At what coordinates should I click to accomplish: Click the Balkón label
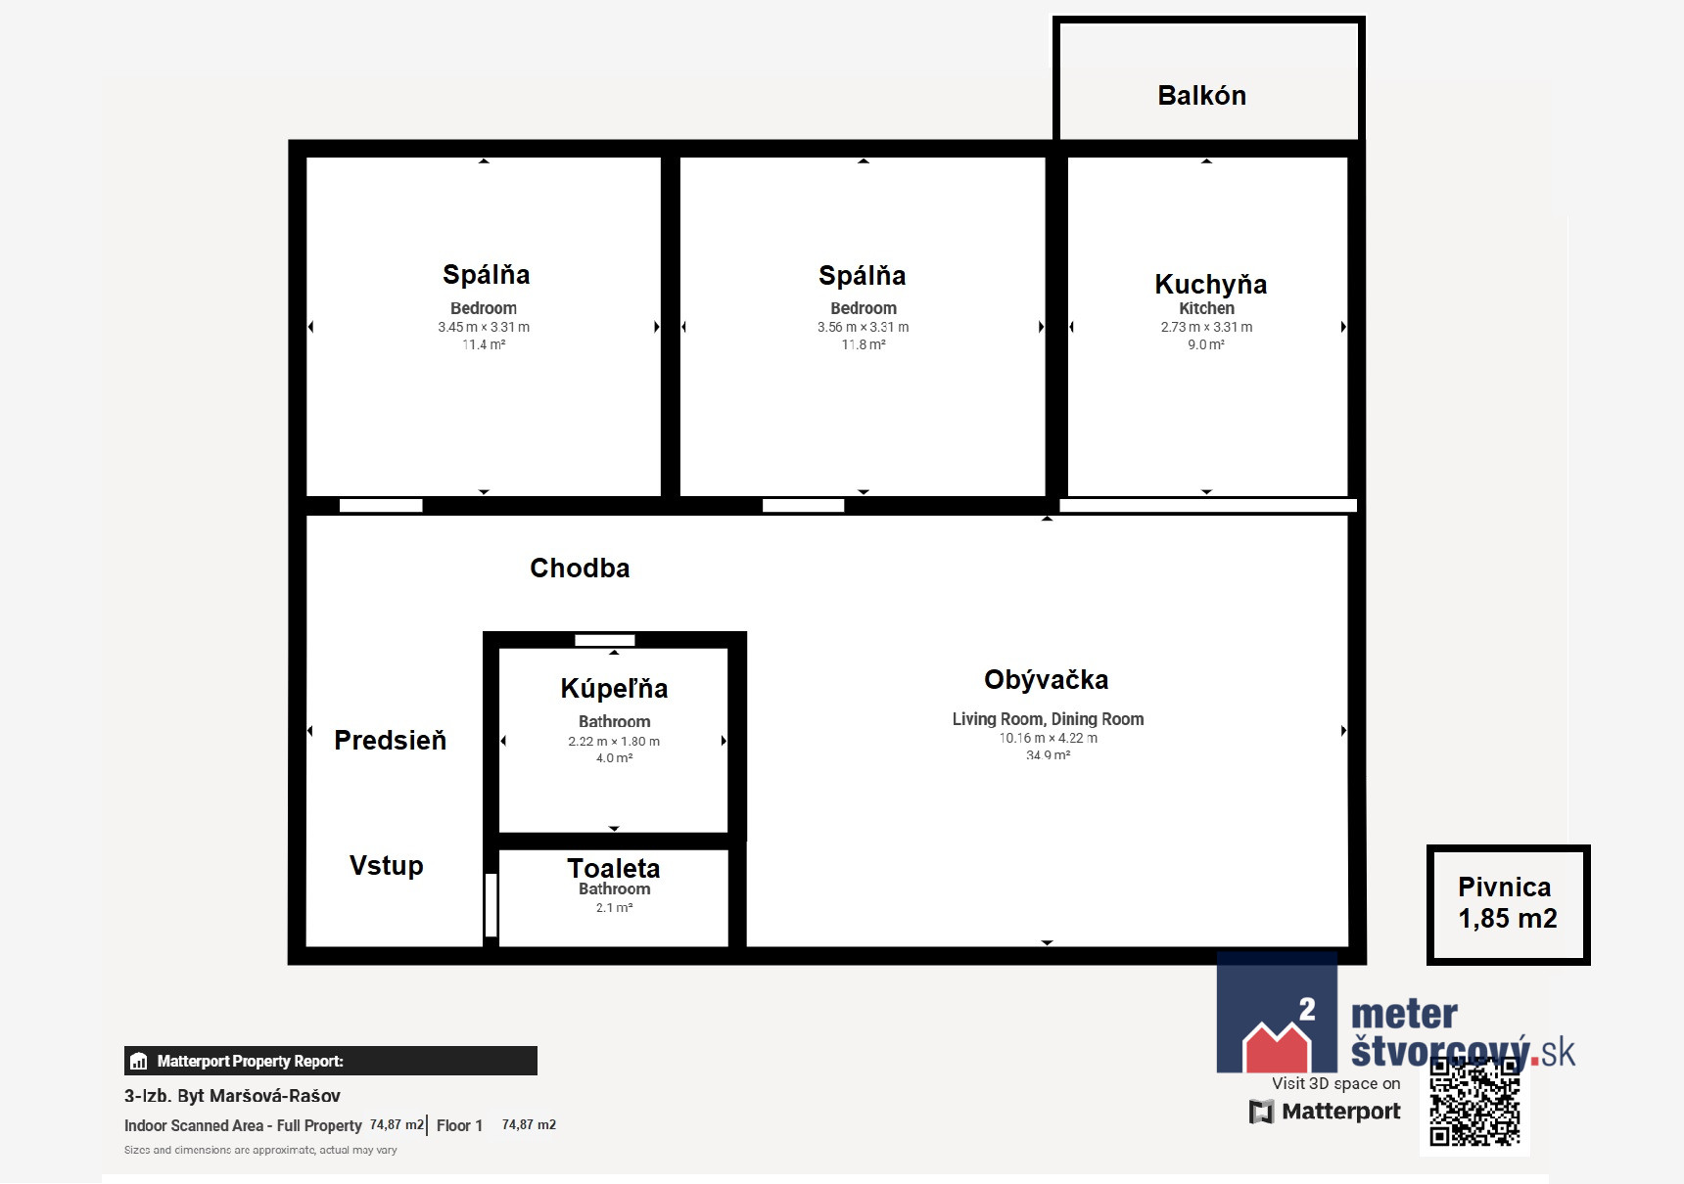1201,95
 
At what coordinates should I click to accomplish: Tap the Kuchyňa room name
1210,284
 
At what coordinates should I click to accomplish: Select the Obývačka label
1046,680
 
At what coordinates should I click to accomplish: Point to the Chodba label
580,568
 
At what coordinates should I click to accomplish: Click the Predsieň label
390,740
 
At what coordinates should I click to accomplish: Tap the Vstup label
387,866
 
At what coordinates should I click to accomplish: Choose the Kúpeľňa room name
614,688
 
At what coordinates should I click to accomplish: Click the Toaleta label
614,868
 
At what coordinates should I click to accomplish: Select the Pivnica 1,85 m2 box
1508,904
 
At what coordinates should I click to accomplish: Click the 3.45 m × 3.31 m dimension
484,327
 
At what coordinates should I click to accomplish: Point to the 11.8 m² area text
864,344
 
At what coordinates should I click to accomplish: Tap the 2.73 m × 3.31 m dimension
1206,327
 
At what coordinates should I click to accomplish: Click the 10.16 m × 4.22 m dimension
1048,738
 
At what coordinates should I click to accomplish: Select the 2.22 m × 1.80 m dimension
614,741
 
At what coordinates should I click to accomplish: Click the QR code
1474,1102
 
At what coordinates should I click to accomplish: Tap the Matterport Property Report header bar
331,1061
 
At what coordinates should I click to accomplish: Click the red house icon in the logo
1276,1046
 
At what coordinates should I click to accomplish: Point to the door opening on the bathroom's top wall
605,640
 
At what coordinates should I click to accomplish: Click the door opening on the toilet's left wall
491,905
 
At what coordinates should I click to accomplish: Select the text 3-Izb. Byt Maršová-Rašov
232,1096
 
